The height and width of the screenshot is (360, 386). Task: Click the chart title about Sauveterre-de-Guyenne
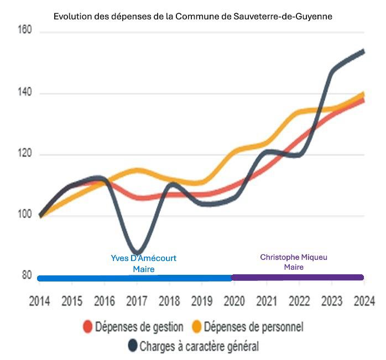pyautogui.click(x=192, y=16)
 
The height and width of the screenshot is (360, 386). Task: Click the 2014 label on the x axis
pyautogui.click(x=39, y=302)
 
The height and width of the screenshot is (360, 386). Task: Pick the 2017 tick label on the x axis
pyautogui.click(x=137, y=302)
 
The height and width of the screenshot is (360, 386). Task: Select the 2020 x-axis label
pyautogui.click(x=234, y=302)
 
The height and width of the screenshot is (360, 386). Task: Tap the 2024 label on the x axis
pyautogui.click(x=364, y=302)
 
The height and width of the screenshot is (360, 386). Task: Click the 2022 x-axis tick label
pyautogui.click(x=299, y=302)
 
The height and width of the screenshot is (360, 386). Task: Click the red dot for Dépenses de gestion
pyautogui.click(x=87, y=327)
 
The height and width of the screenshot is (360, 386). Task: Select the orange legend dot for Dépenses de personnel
pyautogui.click(x=196, y=327)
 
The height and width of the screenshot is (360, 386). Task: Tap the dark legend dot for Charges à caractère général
pyautogui.click(x=132, y=346)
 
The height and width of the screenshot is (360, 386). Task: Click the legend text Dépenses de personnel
pyautogui.click(x=253, y=327)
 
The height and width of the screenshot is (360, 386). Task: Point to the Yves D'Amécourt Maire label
pyautogui.click(x=144, y=264)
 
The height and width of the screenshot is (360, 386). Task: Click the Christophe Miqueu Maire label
pyautogui.click(x=290, y=262)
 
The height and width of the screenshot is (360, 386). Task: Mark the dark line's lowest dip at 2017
pyautogui.click(x=137, y=253)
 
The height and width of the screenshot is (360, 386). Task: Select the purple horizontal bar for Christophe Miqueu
pyautogui.click(x=298, y=278)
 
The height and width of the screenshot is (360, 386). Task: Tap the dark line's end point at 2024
pyautogui.click(x=363, y=51)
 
